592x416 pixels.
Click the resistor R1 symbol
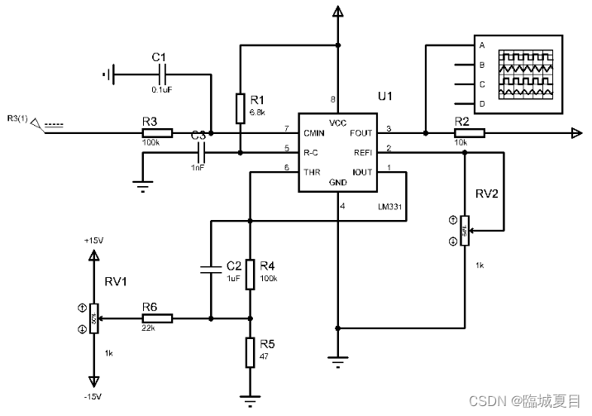[x=239, y=108]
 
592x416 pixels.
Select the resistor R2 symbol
[x=469, y=132]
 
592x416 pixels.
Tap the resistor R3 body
[x=156, y=132]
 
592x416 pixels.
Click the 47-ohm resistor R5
[x=251, y=352]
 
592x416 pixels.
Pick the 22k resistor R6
[x=156, y=318]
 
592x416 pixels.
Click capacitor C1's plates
[x=160, y=74]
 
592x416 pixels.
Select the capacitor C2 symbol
[x=212, y=268]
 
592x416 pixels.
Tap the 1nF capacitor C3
[x=199, y=152]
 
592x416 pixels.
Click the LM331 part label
[x=389, y=208]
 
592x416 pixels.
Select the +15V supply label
[x=93, y=240]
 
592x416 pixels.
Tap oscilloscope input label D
[x=481, y=104]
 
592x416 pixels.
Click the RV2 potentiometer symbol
[x=465, y=230]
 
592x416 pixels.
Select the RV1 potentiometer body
[x=94, y=318]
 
